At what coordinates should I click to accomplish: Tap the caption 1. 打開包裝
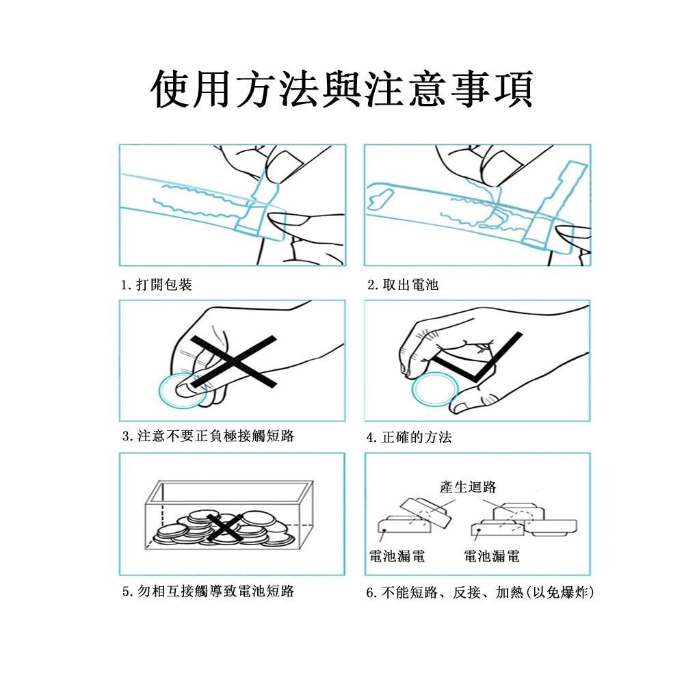157,285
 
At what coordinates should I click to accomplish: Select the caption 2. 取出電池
403,285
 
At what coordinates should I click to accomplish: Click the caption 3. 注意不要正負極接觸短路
208,436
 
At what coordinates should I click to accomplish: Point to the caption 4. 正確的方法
409,437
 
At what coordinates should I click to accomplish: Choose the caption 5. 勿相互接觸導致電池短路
208,591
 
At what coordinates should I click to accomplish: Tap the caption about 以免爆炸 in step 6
480,592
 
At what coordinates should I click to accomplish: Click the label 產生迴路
468,487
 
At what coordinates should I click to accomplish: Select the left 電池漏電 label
397,556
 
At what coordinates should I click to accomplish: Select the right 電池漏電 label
492,556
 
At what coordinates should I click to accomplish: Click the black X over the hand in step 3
234,362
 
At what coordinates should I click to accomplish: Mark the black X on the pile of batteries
224,528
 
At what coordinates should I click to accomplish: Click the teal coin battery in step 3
182,391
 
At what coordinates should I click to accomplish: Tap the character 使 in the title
170,88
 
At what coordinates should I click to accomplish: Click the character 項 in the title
514,88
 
